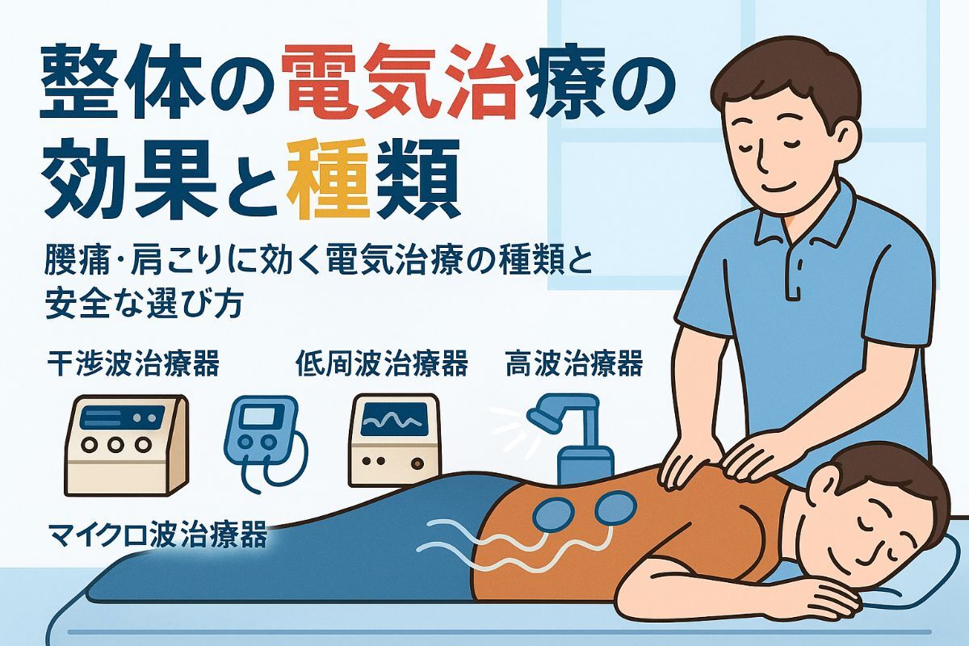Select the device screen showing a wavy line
[x=392, y=419]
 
